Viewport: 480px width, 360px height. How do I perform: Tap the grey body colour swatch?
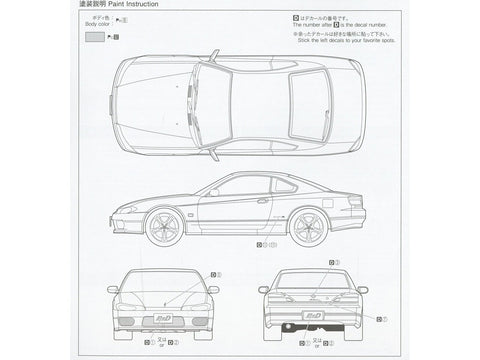tap(94, 36)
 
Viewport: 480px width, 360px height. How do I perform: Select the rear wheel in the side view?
tap(307, 227)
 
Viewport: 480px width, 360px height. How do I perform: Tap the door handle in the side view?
tap(262, 201)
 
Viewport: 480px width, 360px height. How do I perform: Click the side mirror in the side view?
tap(214, 192)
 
